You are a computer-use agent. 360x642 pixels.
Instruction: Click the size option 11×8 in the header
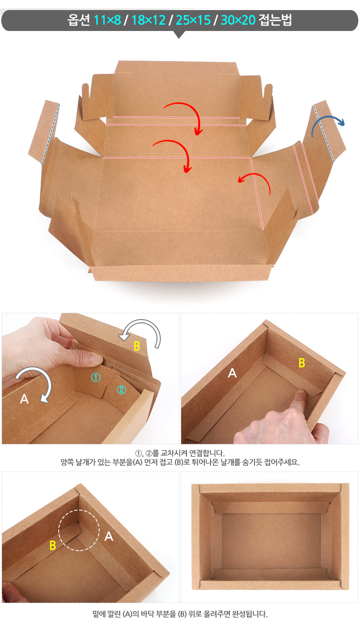(108, 20)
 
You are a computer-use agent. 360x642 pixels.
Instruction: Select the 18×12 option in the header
(148, 20)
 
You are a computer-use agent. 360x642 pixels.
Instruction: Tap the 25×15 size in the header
(193, 20)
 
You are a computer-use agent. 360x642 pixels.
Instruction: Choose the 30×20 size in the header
(238, 20)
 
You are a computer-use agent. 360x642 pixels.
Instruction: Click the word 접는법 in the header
(275, 20)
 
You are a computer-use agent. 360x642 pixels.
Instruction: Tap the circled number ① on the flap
(96, 377)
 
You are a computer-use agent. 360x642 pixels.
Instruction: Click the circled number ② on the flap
(121, 389)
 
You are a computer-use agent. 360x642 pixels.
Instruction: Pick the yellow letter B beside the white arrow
(137, 346)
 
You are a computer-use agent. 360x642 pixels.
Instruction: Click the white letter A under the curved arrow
(24, 399)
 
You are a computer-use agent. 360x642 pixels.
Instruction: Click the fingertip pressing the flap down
(301, 392)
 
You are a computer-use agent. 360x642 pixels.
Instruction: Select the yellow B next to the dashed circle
(53, 545)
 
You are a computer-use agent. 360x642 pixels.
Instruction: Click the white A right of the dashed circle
(109, 536)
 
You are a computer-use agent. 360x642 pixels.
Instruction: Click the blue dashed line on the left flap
(51, 134)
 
